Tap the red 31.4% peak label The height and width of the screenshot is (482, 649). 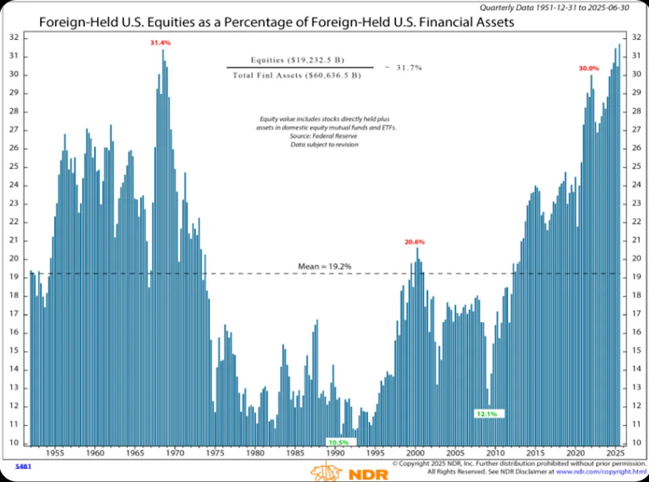160,43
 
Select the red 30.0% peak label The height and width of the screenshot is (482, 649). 588,68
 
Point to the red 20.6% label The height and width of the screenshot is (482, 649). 416,242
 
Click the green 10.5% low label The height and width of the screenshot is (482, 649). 338,442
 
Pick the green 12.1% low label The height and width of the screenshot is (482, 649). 487,413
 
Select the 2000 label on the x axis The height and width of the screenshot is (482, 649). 416,453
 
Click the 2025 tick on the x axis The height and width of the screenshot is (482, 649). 616,453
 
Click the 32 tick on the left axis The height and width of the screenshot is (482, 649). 14,38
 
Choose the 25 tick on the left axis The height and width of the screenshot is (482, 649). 14,167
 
